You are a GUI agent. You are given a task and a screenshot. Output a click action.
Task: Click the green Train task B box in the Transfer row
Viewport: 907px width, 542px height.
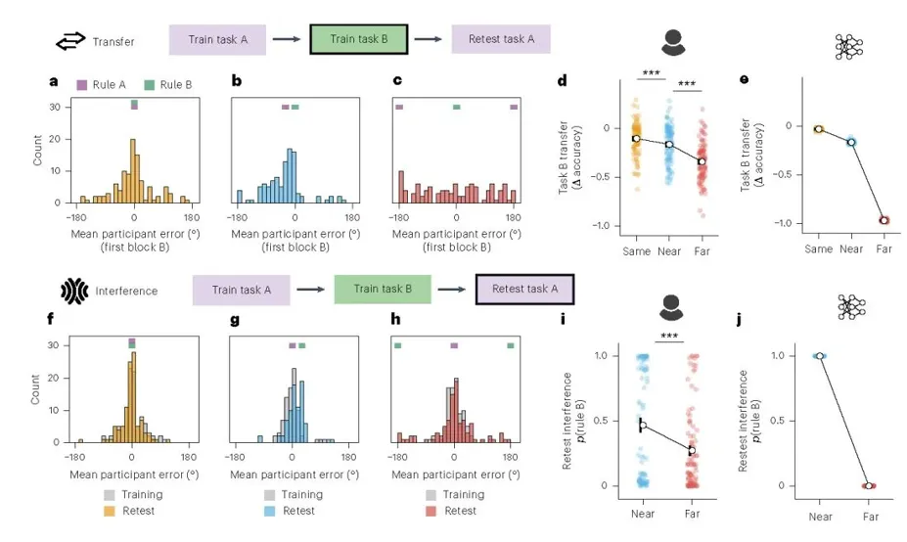click(359, 39)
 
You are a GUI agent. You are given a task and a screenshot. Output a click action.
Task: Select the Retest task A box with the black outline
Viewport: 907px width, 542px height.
click(524, 290)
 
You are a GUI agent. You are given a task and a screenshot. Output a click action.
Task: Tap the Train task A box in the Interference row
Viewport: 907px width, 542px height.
click(242, 290)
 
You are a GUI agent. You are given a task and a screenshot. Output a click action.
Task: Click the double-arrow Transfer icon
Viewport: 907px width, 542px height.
click(70, 42)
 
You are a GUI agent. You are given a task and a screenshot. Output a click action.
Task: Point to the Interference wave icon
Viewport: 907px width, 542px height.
click(74, 291)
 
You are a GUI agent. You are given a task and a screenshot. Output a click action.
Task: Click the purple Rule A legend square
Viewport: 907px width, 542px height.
click(81, 85)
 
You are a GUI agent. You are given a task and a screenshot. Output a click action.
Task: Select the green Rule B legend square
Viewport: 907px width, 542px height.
click(150, 85)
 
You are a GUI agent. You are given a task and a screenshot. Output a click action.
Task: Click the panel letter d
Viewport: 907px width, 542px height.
click(563, 80)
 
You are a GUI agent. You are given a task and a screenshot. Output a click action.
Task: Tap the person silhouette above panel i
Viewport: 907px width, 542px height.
click(671, 307)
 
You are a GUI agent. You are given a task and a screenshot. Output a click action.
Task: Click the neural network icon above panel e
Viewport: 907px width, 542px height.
click(848, 47)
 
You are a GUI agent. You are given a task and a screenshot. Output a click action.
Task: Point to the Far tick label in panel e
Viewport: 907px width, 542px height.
click(884, 248)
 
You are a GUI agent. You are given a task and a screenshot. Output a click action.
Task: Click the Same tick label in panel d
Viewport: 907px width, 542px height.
click(636, 251)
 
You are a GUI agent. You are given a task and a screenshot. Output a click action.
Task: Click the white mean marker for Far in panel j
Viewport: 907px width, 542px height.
click(868, 486)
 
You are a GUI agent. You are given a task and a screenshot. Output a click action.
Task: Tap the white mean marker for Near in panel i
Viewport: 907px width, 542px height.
click(642, 426)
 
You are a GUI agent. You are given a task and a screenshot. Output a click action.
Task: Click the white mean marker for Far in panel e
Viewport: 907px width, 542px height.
click(884, 220)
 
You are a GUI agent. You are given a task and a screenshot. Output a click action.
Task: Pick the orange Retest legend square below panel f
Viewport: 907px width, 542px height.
click(110, 511)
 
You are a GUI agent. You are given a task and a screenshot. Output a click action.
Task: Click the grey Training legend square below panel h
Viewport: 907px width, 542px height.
click(431, 495)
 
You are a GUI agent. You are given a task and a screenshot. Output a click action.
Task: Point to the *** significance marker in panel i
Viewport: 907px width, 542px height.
click(669, 337)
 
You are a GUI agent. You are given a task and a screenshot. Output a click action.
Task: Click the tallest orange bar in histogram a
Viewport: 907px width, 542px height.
click(132, 170)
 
